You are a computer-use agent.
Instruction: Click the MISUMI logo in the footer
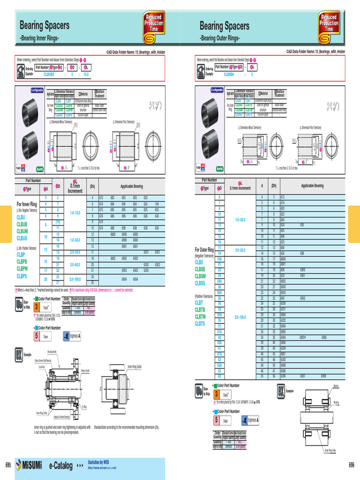29,465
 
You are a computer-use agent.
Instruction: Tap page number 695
7,465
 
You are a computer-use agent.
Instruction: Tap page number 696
352,465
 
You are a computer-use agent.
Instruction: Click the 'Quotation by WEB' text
101,462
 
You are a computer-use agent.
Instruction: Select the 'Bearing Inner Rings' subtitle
39,37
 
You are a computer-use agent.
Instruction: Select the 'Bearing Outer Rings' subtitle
220,37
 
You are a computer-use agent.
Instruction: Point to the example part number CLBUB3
49,74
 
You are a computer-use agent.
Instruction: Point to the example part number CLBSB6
229,74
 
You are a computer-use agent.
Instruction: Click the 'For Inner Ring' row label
27,204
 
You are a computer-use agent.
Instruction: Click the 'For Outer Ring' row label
204,249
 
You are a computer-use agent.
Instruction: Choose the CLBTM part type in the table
200,317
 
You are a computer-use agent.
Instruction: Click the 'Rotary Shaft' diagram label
85,370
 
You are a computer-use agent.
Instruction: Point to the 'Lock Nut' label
42,367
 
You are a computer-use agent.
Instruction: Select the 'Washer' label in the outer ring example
336,385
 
